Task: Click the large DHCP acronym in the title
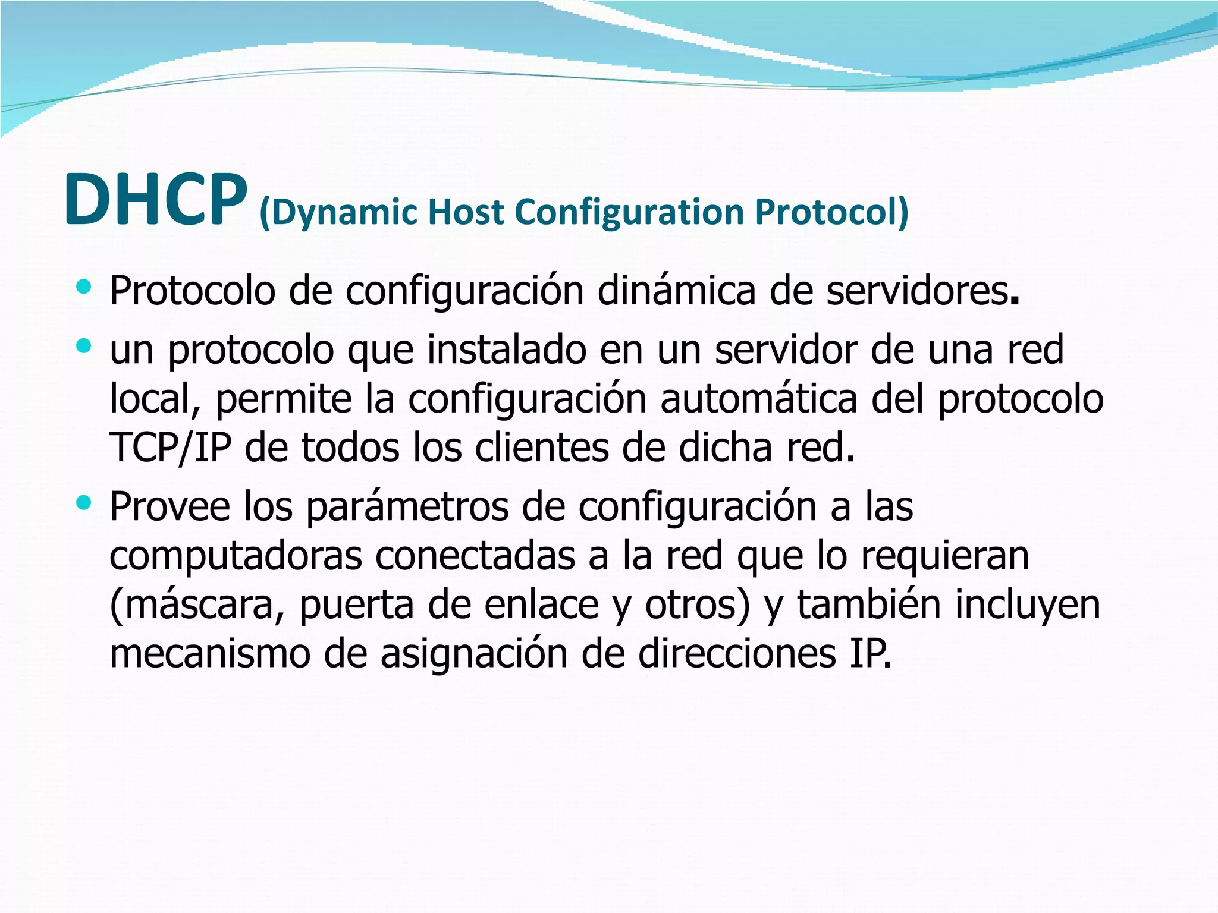tap(156, 200)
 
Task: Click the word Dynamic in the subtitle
tap(338, 212)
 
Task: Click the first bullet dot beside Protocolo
tap(84, 288)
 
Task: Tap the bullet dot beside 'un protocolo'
tap(84, 345)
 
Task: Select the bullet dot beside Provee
tap(84, 503)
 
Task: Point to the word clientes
tap(541, 448)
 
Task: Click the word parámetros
tap(407, 507)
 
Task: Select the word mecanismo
tap(210, 654)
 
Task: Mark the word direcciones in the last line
tap(737, 653)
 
